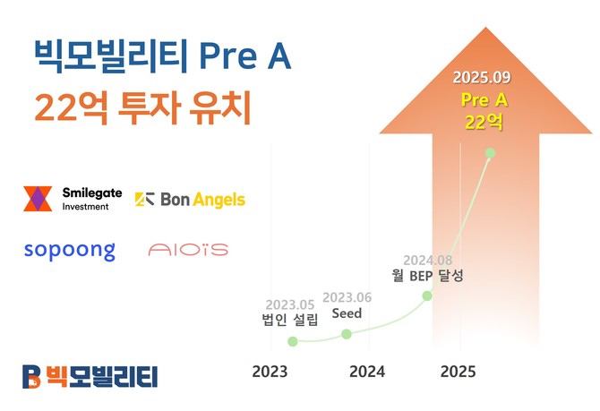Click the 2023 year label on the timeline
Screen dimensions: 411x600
[x=270, y=371]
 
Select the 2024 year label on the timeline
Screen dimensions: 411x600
[x=367, y=371]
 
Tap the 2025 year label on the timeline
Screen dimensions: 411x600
[x=458, y=371]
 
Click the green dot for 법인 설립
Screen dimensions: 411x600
[x=292, y=341]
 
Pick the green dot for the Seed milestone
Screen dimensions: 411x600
[x=347, y=334]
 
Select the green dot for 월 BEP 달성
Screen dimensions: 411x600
[x=427, y=295]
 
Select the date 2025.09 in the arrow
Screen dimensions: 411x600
[x=484, y=76]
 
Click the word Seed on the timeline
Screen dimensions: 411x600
[x=347, y=313]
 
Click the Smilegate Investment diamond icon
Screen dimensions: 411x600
[x=38, y=199]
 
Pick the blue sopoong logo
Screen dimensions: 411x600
[x=70, y=249]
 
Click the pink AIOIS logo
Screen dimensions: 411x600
[x=188, y=249]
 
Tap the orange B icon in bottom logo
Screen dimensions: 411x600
[x=31, y=376]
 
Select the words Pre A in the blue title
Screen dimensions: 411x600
[x=244, y=56]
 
